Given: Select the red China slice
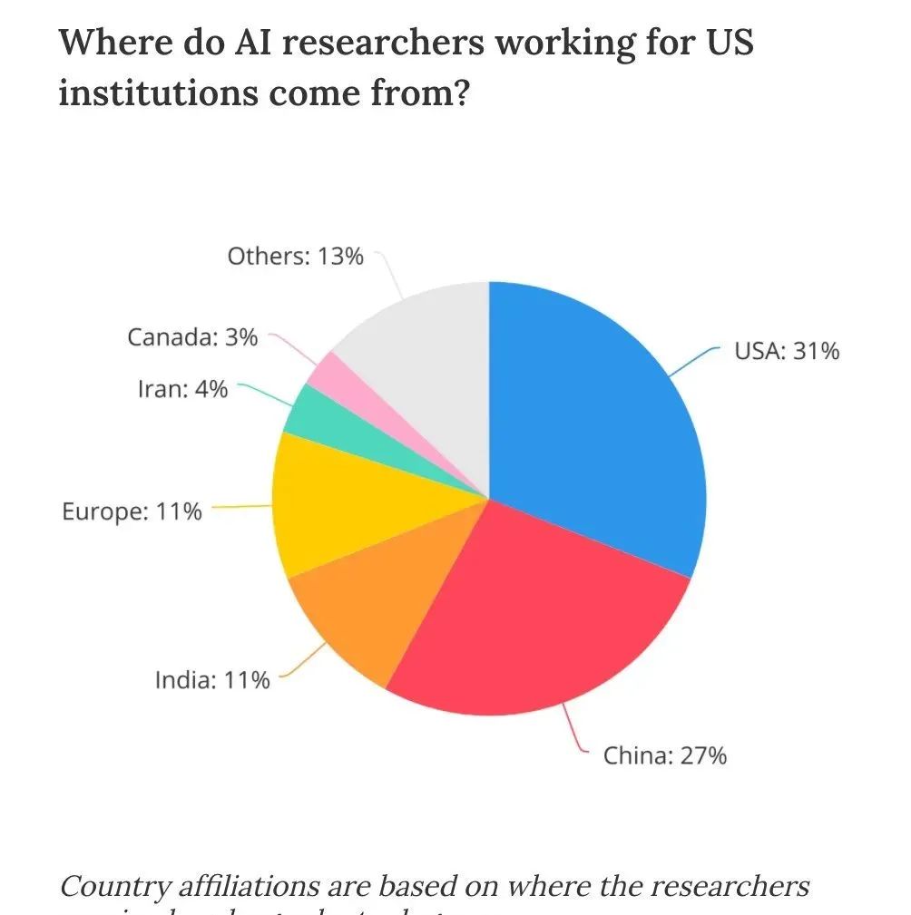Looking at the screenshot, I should coord(535,617).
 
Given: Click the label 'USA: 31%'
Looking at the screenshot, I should coord(786,351).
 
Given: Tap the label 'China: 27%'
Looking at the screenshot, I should coord(665,754).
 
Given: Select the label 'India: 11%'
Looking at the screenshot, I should coord(211,679).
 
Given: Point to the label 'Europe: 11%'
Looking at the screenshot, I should coord(132,511).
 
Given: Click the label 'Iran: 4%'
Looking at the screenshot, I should coord(182,390).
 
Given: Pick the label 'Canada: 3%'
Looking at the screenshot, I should coord(192,337).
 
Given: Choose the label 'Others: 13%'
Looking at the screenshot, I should coord(295,257).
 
